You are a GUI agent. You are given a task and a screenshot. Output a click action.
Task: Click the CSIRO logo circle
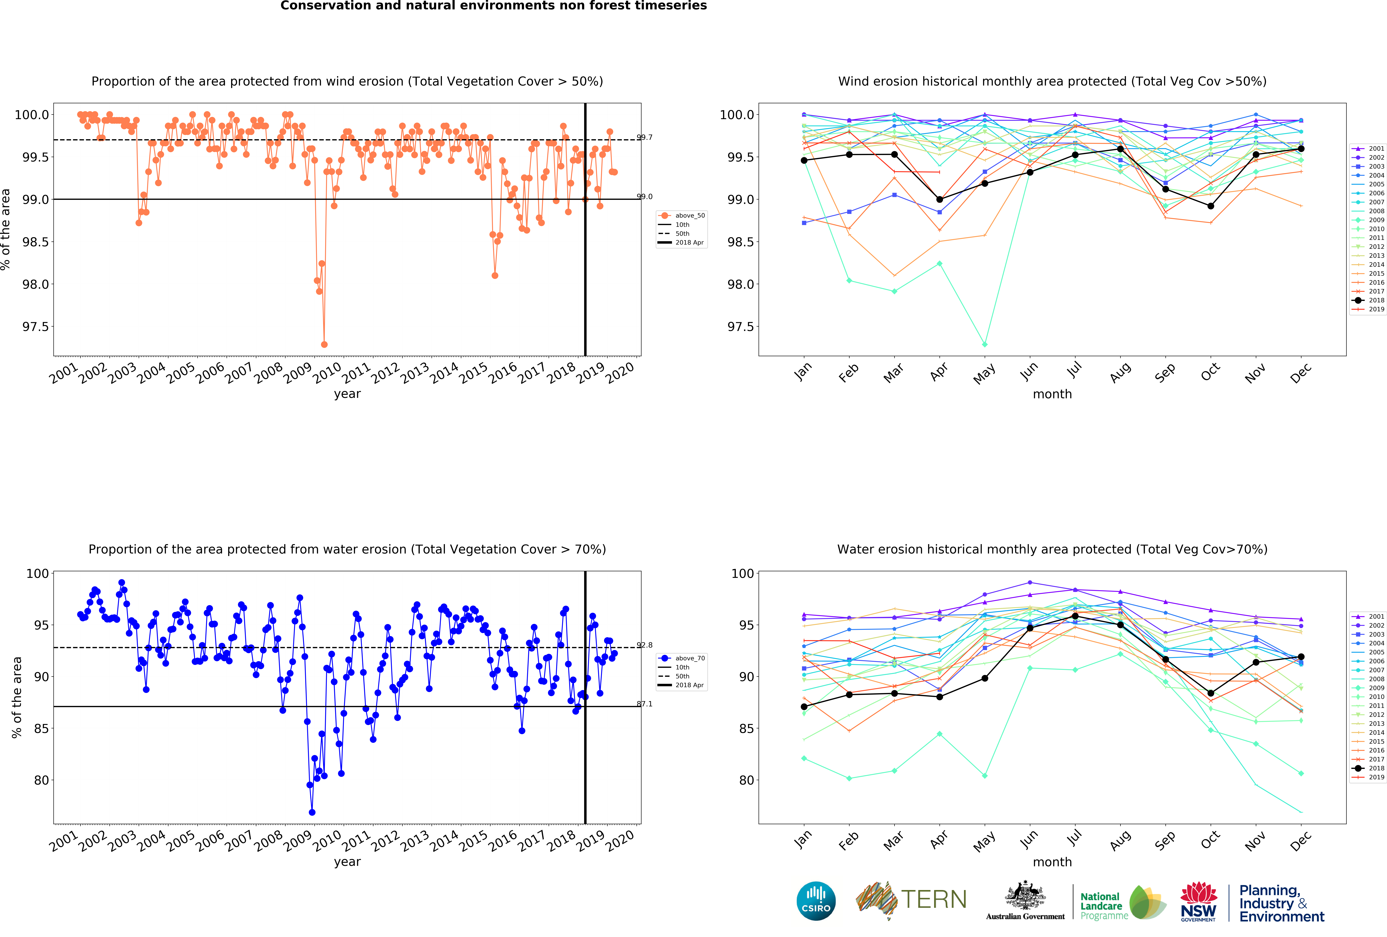tap(816, 901)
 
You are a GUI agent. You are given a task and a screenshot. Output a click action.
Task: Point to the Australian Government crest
tap(1025, 895)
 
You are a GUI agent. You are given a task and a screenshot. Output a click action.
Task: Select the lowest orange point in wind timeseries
tap(324, 344)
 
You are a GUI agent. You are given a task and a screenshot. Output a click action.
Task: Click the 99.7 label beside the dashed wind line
tap(645, 137)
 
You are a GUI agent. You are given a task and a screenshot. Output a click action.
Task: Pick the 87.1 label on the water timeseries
tap(645, 704)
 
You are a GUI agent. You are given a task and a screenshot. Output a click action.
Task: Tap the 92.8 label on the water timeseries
tap(645, 645)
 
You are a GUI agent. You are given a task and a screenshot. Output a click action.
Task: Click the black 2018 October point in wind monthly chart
tap(1210, 206)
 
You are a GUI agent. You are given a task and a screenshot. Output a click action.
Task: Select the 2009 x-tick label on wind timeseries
tap(297, 372)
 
